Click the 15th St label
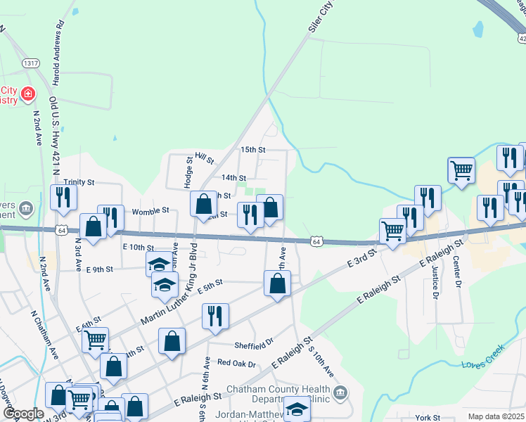pyautogui.click(x=252, y=150)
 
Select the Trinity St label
pyautogui.click(x=79, y=181)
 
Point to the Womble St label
pyautogui.click(x=151, y=210)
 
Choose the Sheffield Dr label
pyautogui.click(x=254, y=344)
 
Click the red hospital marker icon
pyautogui.click(x=27, y=93)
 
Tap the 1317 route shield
pyautogui.click(x=30, y=63)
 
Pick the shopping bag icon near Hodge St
pyautogui.click(x=203, y=204)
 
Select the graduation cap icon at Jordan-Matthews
pyautogui.click(x=297, y=409)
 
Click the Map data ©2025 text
pyautogui.click(x=495, y=416)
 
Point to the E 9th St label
pyautogui.click(x=100, y=269)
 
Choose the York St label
pyautogui.click(x=428, y=418)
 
